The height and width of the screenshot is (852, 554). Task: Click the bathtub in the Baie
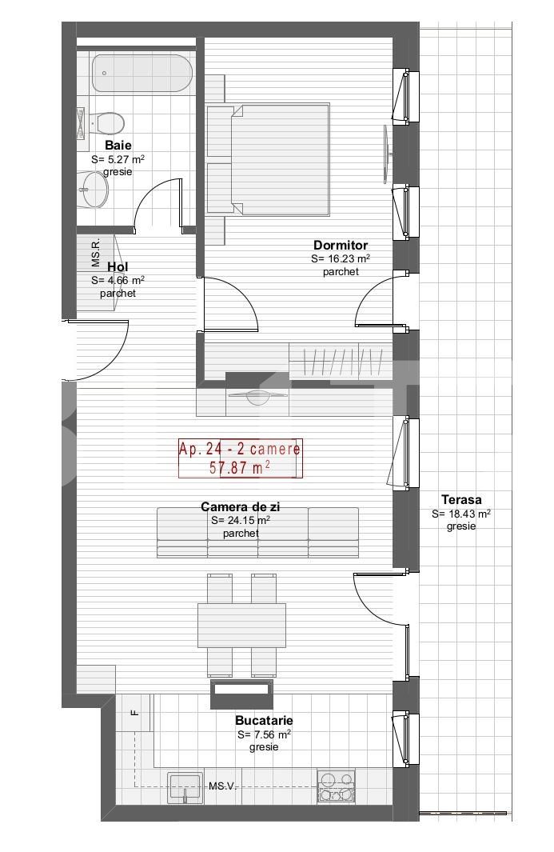tap(141, 73)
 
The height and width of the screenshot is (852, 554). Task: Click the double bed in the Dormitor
tap(269, 160)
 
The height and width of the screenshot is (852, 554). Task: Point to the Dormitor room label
tap(341, 246)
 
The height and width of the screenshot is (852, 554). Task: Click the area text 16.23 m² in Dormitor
tap(341, 259)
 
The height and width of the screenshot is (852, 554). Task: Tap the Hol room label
tap(117, 267)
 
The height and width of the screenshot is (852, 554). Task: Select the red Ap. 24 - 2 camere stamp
tap(240, 458)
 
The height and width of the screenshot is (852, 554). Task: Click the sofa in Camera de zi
tap(257, 532)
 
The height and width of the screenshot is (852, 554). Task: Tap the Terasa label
tap(461, 500)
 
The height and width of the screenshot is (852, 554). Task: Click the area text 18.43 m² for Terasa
tap(461, 514)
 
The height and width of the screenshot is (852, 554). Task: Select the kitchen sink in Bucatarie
tap(185, 786)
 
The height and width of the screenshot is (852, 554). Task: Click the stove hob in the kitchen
tap(337, 786)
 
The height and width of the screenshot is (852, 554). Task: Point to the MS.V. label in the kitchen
tap(222, 787)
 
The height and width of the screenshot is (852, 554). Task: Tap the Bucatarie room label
tap(264, 720)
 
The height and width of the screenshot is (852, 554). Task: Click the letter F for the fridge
tap(135, 713)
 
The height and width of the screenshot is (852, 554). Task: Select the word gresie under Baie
tap(118, 172)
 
